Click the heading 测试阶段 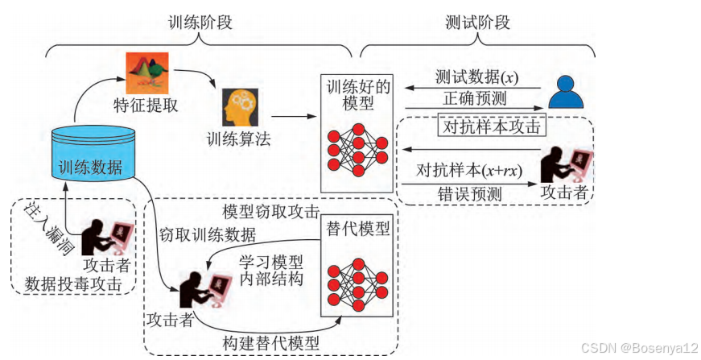coord(477,23)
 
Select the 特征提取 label coord(146,105)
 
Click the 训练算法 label coord(239,139)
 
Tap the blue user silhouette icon coord(565,93)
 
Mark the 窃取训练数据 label coord(208,235)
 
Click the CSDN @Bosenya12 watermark coord(642,348)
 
